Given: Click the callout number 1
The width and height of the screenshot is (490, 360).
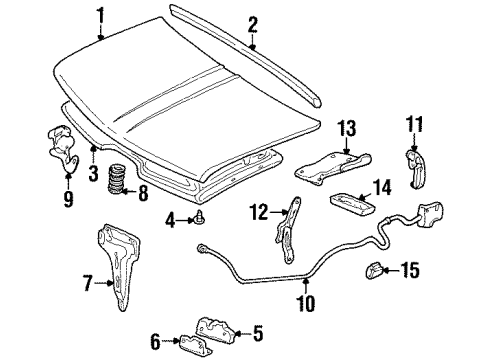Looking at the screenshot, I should point(99,14).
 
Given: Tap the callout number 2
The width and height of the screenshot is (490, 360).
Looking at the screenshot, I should point(253,23).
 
